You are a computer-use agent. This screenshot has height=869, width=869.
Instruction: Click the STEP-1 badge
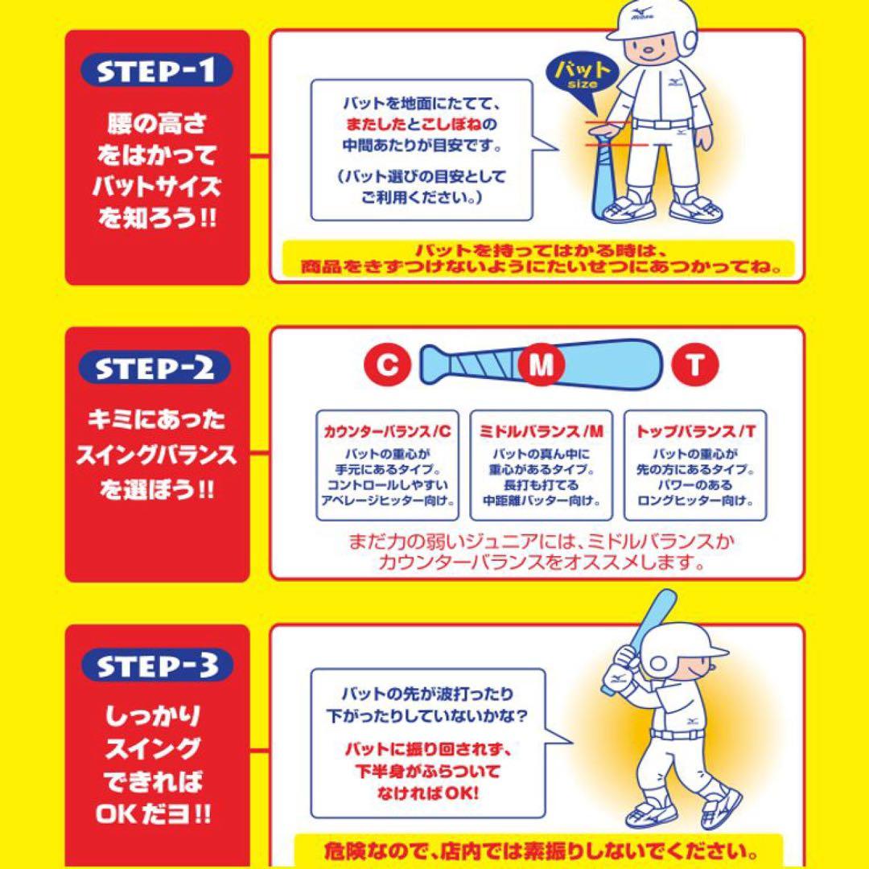[156, 72]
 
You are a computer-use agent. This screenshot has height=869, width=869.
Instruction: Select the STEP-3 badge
[156, 665]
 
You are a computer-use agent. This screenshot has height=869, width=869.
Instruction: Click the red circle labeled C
[389, 366]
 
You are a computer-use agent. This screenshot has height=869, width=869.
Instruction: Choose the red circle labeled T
[696, 366]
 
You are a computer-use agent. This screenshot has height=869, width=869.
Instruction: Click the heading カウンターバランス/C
[388, 432]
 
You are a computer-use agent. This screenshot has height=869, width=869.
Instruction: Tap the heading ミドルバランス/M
[541, 432]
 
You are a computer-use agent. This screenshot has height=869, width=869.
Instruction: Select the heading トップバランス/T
[695, 432]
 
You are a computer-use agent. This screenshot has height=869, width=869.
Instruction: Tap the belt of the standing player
[660, 124]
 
